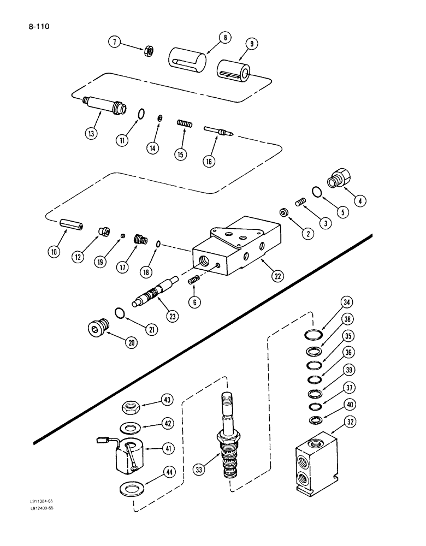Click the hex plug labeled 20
pyautogui.click(x=97, y=328)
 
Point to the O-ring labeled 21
pyautogui.click(x=120, y=312)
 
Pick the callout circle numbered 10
pyautogui.click(x=55, y=252)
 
